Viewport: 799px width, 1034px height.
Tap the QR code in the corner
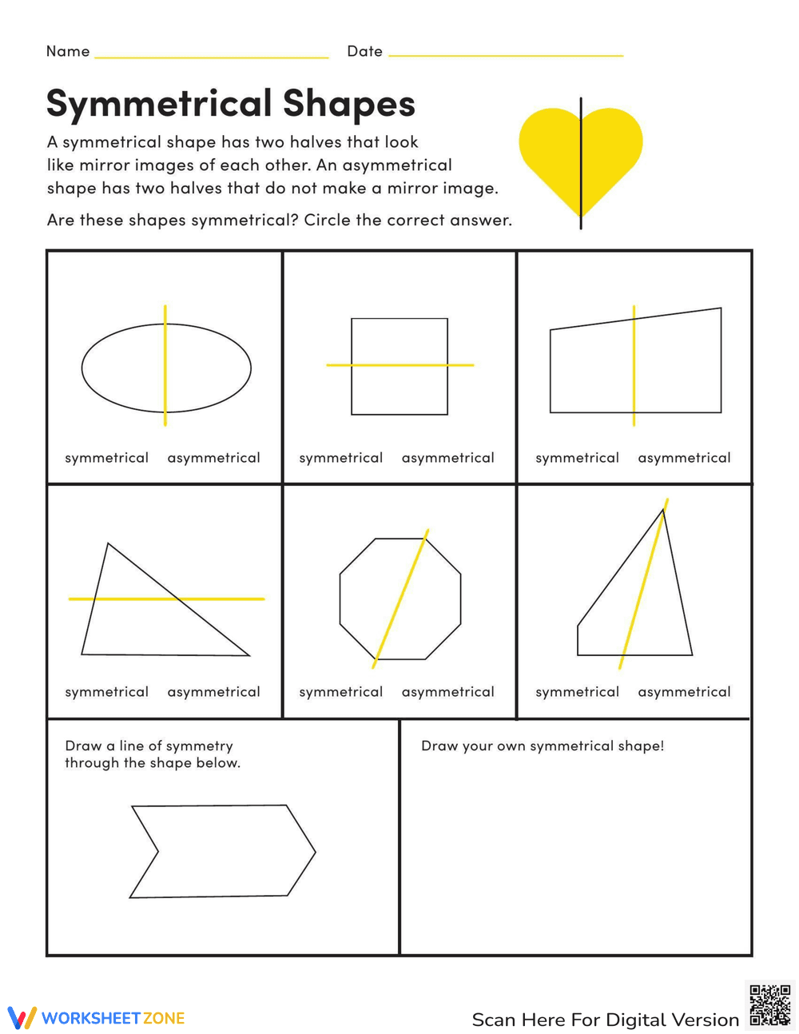769,1005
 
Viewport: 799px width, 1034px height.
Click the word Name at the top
68,51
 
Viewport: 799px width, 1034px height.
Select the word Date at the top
364,51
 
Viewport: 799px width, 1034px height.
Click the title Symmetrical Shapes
231,103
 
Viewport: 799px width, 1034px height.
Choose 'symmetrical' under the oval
106,458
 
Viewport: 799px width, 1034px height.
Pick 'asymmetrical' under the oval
213,458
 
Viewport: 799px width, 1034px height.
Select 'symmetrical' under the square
340,458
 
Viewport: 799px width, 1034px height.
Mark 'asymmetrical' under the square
447,458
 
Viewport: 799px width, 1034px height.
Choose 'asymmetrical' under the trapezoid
684,458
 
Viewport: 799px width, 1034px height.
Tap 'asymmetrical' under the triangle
213,692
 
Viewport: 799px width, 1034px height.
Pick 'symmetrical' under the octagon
340,692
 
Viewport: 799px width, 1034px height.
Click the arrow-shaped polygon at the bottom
224,851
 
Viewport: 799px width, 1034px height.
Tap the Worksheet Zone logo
96,1018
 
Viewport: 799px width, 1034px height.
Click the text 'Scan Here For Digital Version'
605,1020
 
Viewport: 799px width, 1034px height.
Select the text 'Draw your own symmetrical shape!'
543,746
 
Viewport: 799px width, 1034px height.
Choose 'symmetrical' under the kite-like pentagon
577,692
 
